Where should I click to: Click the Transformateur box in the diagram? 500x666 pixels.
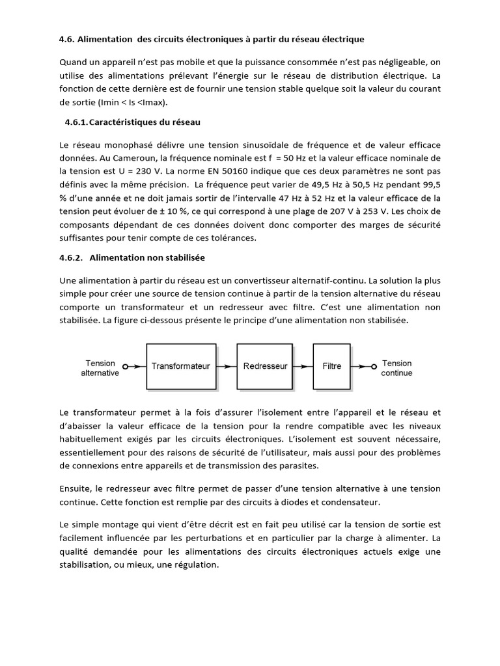point(180,366)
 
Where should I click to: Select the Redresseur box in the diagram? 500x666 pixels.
point(265,366)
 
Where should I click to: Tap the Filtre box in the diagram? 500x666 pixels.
point(331,366)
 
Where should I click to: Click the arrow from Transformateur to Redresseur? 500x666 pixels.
point(225,366)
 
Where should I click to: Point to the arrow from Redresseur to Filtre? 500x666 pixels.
point(303,366)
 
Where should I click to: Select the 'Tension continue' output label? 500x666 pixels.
point(396,368)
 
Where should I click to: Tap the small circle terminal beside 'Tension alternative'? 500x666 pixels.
point(125,367)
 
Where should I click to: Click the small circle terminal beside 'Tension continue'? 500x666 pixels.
point(374,367)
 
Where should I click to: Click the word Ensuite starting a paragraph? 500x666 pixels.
point(75,488)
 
